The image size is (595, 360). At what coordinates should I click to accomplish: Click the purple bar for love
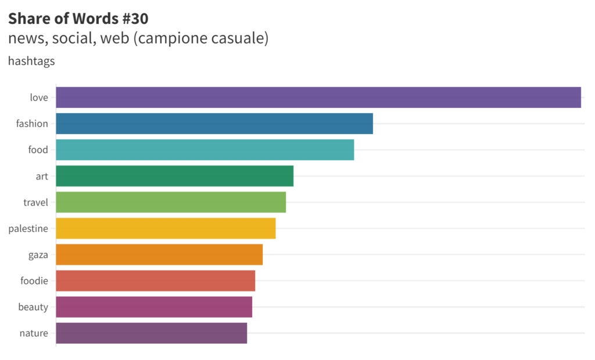pos(318,98)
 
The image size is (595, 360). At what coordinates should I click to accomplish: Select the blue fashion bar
pos(214,124)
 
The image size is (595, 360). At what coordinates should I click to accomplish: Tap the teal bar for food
pos(205,150)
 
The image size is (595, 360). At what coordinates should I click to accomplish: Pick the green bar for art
pos(175,176)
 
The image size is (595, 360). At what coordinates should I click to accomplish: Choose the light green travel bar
pos(171,202)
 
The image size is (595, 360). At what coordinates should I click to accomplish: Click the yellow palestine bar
pos(166,228)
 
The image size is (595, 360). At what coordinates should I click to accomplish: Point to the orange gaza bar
pos(159,254)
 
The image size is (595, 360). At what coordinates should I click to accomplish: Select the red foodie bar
pos(156,281)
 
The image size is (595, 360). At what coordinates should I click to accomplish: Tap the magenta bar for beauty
pos(154,307)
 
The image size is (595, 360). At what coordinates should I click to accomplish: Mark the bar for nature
pos(152,333)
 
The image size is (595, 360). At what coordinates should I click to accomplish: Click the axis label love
pos(39,98)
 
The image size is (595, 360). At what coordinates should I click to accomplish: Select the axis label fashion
pos(32,124)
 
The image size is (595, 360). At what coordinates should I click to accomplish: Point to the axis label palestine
pos(28,229)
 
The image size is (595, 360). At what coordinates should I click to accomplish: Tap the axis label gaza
pos(38,255)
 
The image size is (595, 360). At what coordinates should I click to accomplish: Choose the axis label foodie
pos(34,281)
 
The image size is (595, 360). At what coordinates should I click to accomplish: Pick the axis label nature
pos(34,333)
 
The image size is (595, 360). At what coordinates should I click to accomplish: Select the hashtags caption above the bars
pos(31,61)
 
